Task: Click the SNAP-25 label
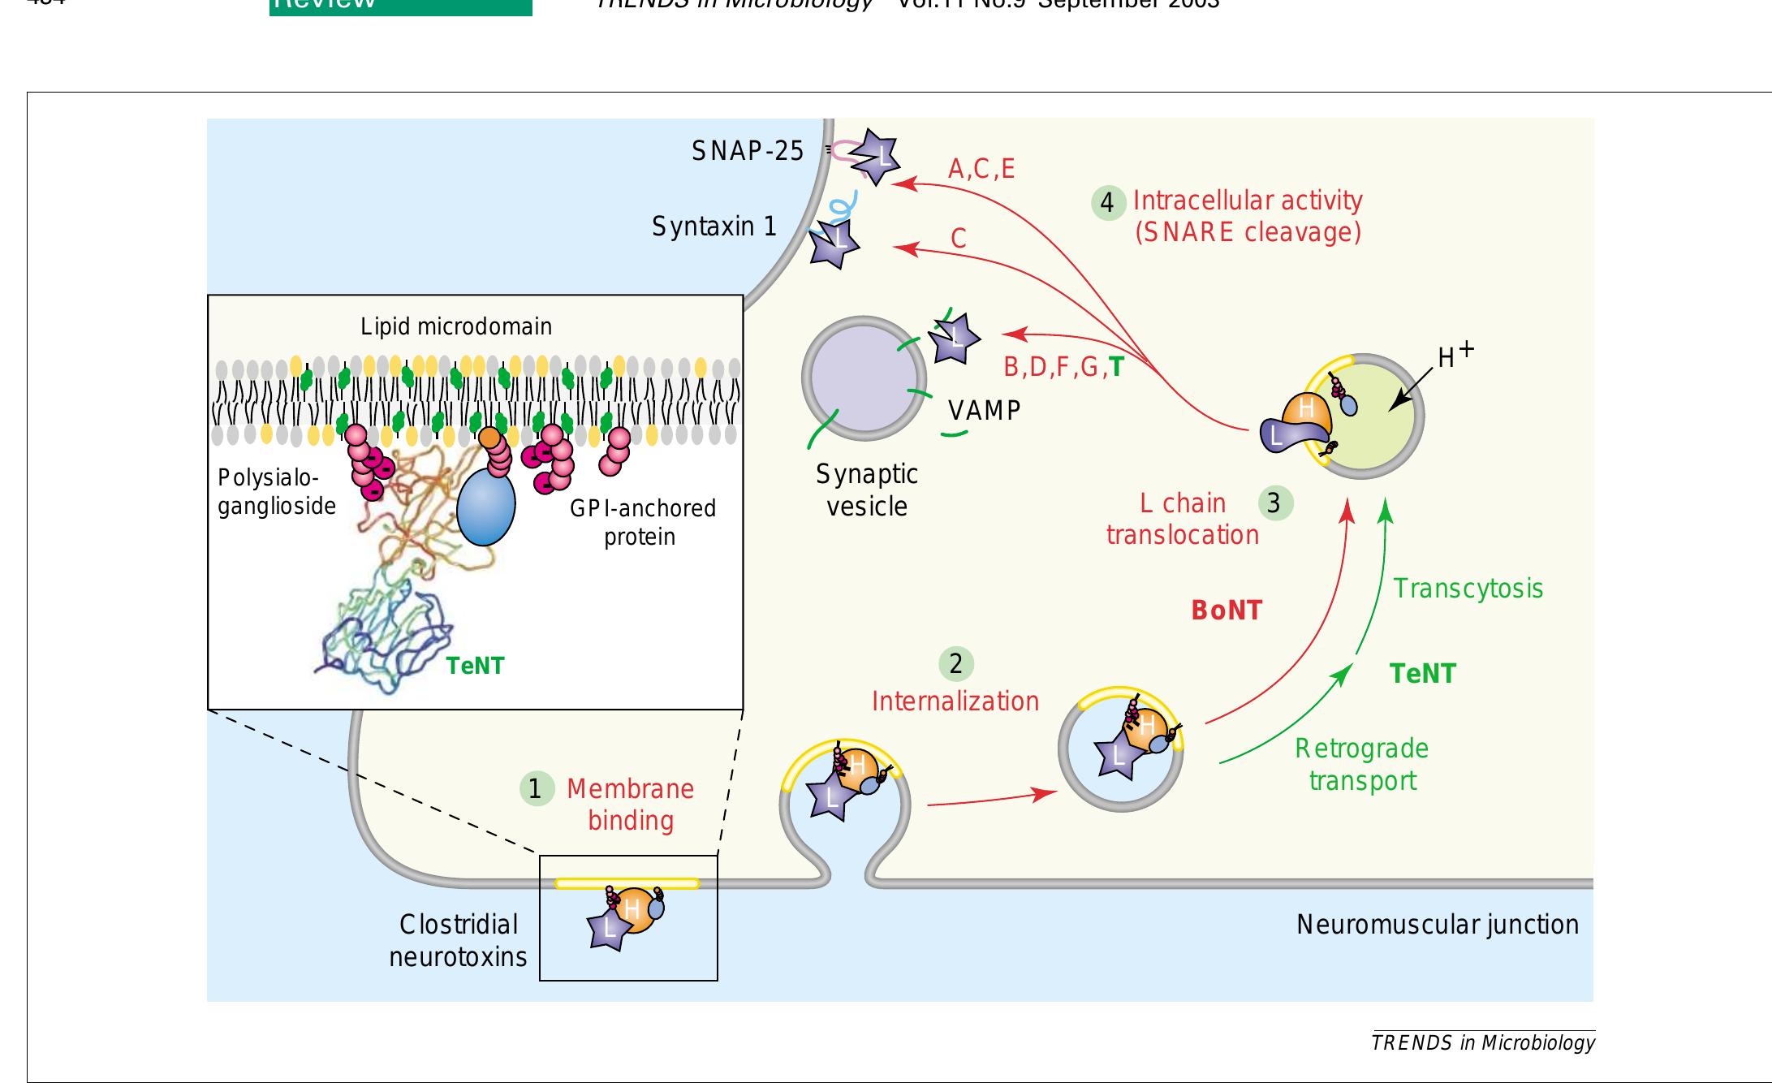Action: pyautogui.click(x=748, y=151)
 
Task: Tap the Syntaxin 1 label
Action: pyautogui.click(x=714, y=227)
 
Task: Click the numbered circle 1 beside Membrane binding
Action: pyautogui.click(x=536, y=788)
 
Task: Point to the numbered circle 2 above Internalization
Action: pyautogui.click(x=956, y=664)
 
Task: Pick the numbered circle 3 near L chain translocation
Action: pyautogui.click(x=1275, y=503)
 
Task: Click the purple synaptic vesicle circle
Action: pyautogui.click(x=864, y=378)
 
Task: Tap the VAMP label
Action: pyautogui.click(x=984, y=411)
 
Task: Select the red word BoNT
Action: pyautogui.click(x=1227, y=611)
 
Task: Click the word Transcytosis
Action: pyautogui.click(x=1468, y=589)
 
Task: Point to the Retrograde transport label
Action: pyautogui.click(x=1362, y=765)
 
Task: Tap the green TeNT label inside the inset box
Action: pyautogui.click(x=475, y=667)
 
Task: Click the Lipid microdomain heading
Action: pyautogui.click(x=456, y=327)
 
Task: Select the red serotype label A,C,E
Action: pyautogui.click(x=981, y=169)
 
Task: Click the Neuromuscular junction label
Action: pyautogui.click(x=1437, y=925)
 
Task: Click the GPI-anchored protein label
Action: pyautogui.click(x=642, y=522)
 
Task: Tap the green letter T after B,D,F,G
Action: pyautogui.click(x=1116, y=368)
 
